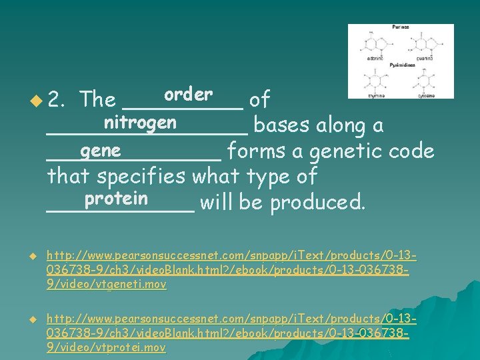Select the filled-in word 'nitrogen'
click(x=140, y=123)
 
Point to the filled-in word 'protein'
click(x=116, y=199)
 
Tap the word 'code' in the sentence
click(x=413, y=151)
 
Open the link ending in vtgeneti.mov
click(x=231, y=270)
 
